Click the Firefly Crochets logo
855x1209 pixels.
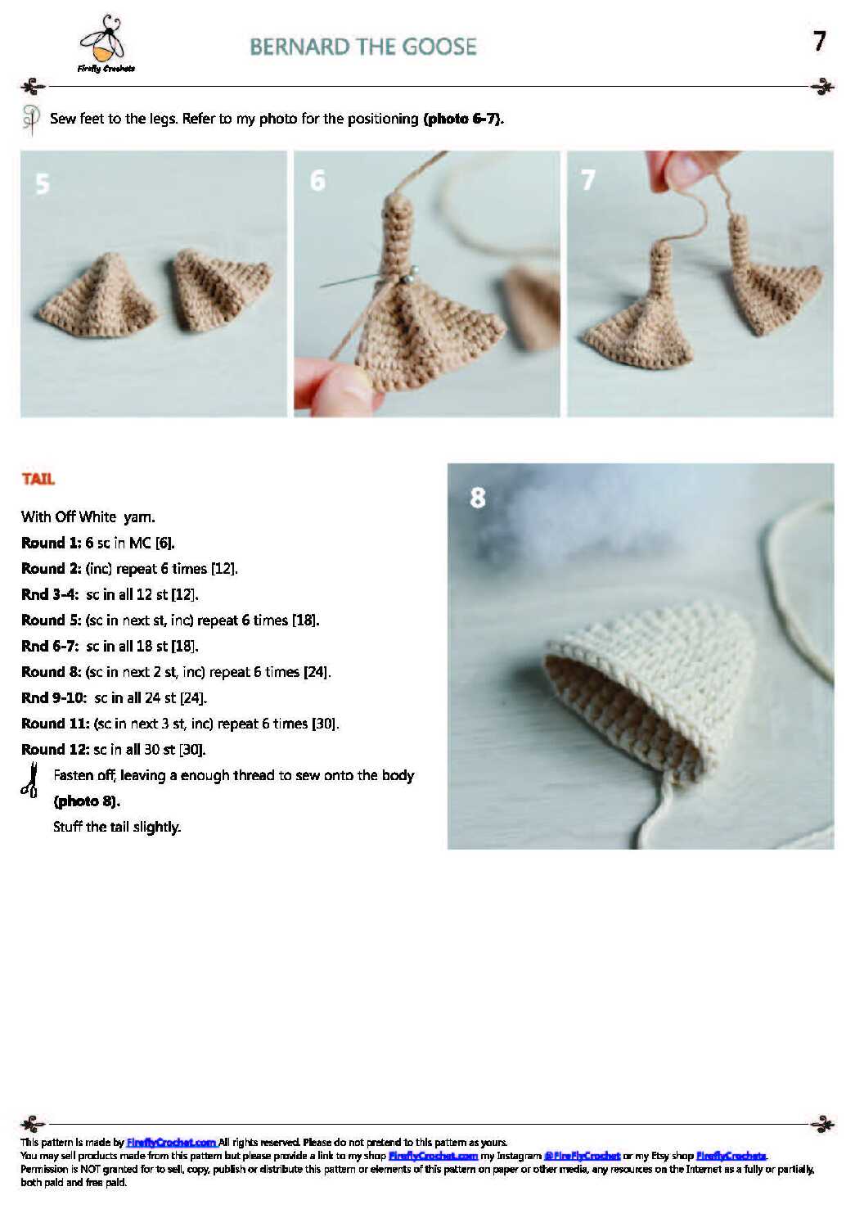106,43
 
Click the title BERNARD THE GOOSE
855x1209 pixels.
363,47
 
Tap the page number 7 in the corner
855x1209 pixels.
819,41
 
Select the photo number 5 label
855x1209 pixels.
43,184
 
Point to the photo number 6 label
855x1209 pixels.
317,180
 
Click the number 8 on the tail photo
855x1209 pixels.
477,497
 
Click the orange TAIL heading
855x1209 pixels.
38,480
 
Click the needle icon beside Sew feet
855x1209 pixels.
32,120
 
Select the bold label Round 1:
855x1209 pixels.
52,543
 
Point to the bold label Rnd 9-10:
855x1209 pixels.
54,698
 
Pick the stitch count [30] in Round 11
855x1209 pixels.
326,724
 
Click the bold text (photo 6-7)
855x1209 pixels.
463,119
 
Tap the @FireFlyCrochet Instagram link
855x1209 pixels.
582,1156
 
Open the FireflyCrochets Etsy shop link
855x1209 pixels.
731,1156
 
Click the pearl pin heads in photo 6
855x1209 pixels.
409,274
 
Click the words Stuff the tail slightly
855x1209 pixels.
117,828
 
